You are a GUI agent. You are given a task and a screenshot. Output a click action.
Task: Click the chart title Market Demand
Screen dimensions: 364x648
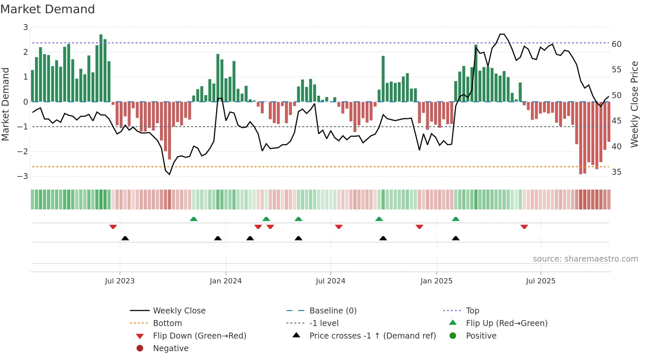[48, 9]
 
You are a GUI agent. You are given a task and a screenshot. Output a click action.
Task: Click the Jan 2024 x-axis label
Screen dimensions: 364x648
[225, 281]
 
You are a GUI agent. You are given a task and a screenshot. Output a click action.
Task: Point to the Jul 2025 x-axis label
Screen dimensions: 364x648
[541, 281]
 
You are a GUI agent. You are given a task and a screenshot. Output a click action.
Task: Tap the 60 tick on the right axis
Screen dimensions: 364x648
[616, 44]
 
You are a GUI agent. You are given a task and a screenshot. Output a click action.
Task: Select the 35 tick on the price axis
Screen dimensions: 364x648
[616, 172]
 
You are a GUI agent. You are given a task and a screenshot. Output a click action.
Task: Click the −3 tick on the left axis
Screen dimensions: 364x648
[22, 176]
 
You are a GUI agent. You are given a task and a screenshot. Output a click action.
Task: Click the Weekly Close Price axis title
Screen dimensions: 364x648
[634, 104]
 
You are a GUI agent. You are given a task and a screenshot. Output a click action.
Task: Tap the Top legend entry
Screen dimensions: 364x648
[472, 311]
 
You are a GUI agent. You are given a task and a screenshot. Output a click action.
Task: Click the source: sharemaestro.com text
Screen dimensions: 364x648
[585, 259]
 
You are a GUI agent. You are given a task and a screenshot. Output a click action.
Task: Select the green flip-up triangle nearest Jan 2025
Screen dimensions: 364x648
[456, 219]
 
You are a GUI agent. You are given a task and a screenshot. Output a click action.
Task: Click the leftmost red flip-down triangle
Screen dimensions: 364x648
[113, 227]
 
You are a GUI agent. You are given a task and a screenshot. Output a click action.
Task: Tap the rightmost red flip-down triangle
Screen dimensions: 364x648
[524, 227]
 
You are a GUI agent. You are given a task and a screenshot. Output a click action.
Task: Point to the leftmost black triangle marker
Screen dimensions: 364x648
[125, 238]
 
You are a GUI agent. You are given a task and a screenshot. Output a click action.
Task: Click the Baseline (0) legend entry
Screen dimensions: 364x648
[333, 311]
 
